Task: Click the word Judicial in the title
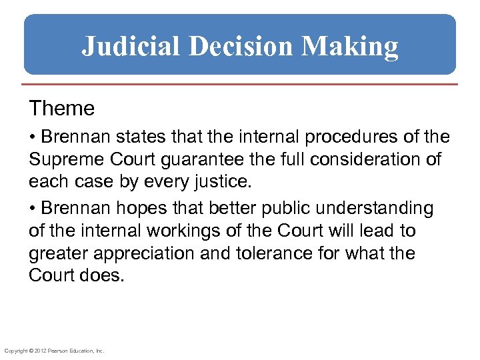[x=131, y=47]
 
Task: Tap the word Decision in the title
[x=241, y=47]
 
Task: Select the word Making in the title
[x=350, y=47]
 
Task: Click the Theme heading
[x=61, y=107]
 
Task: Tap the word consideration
[x=367, y=160]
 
